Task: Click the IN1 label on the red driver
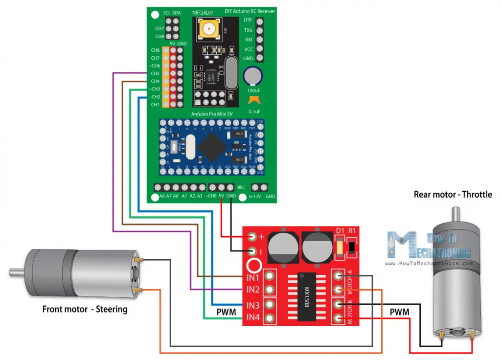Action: coord(252,277)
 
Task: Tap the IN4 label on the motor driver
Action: coord(252,318)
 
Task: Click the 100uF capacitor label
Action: coord(253,91)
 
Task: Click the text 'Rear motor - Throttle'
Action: coord(453,194)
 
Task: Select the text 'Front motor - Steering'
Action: coord(85,309)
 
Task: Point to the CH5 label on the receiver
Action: coord(155,73)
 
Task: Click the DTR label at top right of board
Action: coord(248,21)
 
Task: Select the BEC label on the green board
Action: coord(241,187)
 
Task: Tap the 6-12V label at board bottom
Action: coord(254,196)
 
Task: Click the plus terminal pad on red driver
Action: coord(252,237)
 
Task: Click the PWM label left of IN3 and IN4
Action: coord(227,312)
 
